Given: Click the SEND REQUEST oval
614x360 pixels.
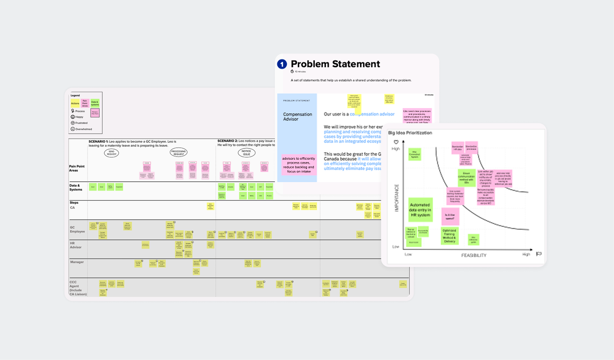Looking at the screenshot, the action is (112, 153).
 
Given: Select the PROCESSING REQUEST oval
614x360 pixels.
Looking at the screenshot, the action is (178, 152).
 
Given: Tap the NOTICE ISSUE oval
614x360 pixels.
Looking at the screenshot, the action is (246, 153).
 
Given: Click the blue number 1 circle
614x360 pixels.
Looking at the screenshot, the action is (282, 64).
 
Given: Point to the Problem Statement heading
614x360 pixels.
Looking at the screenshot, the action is (335, 64).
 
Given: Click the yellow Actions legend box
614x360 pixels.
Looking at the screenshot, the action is (75, 103).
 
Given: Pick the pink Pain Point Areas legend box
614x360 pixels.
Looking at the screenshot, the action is (85, 103).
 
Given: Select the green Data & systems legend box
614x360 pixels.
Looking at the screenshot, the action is (95, 103).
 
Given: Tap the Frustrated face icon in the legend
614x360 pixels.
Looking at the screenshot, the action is (73, 123).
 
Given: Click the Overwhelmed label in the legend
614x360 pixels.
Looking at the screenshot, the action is (84, 129).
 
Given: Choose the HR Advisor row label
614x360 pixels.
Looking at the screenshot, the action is (76, 245).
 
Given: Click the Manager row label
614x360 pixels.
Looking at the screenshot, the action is (77, 262).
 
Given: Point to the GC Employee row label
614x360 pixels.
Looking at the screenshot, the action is (77, 229).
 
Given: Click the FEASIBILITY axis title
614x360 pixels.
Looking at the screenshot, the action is (474, 255).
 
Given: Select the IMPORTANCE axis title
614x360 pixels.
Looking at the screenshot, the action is (397, 198).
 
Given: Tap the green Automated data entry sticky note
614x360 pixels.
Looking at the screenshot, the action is (420, 210).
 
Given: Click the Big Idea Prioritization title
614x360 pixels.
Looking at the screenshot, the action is (410, 133).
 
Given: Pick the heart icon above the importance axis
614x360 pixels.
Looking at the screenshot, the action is (396, 142).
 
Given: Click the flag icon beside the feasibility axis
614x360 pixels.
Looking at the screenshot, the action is (539, 254).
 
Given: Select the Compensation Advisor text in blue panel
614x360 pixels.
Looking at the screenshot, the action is (297, 117).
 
